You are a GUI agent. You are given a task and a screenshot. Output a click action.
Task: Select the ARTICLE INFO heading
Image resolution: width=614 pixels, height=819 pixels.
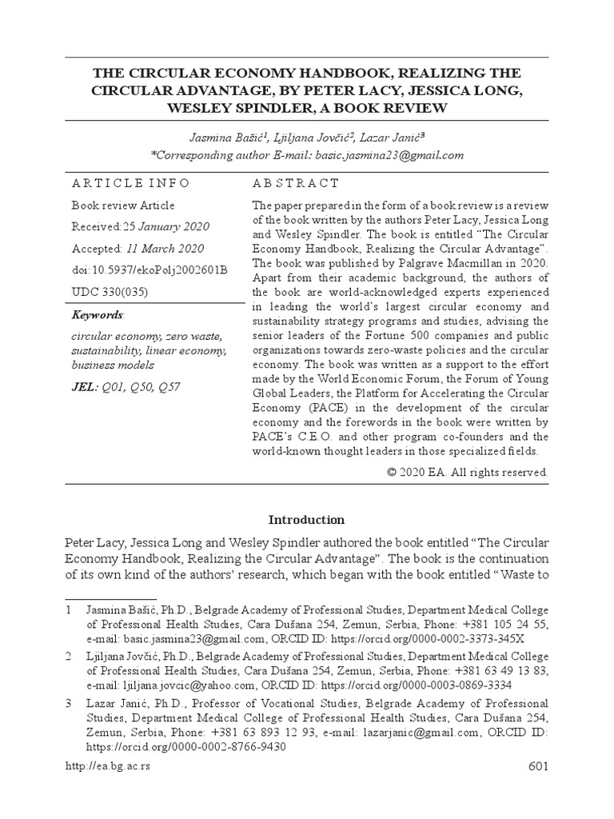[x=130, y=183]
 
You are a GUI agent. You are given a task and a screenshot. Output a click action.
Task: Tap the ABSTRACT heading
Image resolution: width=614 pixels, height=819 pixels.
[x=296, y=183]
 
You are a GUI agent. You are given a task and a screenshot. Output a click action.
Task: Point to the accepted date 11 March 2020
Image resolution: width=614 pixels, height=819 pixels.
[x=165, y=249]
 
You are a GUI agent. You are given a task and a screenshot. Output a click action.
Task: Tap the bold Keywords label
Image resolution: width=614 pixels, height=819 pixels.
[x=98, y=315]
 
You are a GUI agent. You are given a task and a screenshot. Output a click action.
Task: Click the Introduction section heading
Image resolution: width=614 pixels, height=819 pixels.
[x=307, y=520]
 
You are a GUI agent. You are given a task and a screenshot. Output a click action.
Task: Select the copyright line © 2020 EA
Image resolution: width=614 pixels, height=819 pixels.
[x=468, y=472]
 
